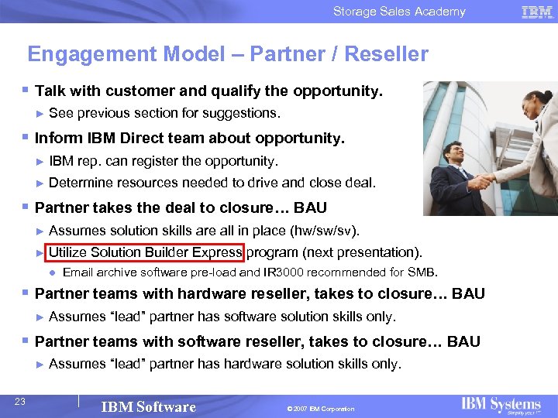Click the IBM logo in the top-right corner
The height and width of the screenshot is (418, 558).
tap(536, 12)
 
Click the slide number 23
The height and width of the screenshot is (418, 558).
tap(20, 401)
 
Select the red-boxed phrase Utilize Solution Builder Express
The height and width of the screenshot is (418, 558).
tap(145, 252)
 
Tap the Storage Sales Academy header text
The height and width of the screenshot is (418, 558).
tap(399, 12)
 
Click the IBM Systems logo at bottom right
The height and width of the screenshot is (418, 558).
tap(501, 405)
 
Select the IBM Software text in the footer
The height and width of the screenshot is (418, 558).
tap(149, 407)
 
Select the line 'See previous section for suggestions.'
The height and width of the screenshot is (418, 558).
tap(164, 113)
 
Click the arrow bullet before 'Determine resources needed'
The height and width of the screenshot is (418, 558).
tap(40, 183)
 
